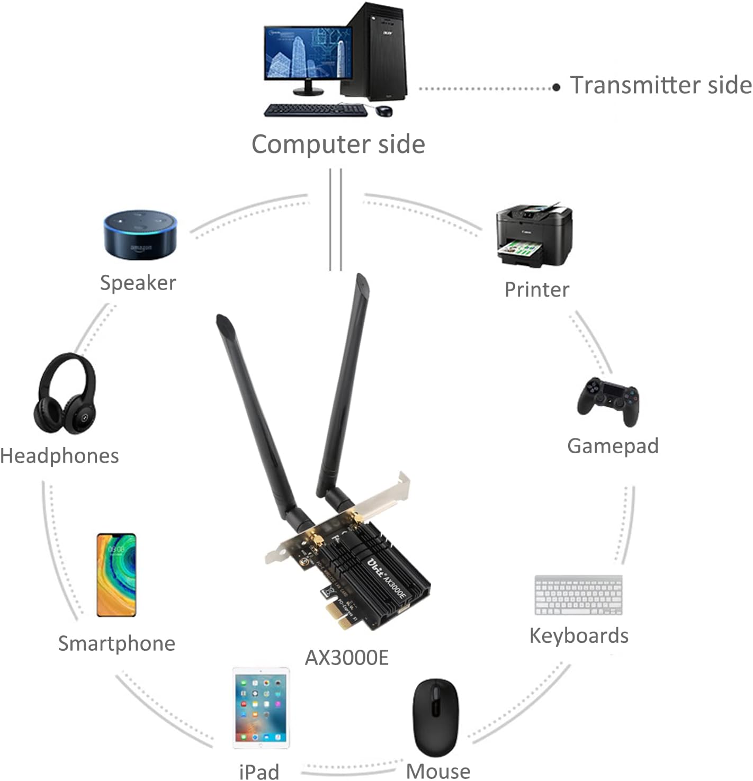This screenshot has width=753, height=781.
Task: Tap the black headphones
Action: point(65,394)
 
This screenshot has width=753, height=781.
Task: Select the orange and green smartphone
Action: point(116,574)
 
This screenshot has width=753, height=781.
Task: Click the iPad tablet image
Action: point(261,707)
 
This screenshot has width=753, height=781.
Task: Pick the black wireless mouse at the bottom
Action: point(435,717)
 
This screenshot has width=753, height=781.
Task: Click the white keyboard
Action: point(578,595)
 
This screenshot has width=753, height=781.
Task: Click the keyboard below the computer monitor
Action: point(315,110)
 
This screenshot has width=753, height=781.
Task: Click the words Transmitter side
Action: point(660,85)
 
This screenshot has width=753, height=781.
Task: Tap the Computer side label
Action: point(338,144)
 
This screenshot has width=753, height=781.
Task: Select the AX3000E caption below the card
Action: point(346,658)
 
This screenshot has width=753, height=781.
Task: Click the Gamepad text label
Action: point(613,446)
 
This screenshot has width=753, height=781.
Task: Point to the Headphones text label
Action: point(59,456)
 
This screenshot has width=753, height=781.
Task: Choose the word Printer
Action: point(536,290)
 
